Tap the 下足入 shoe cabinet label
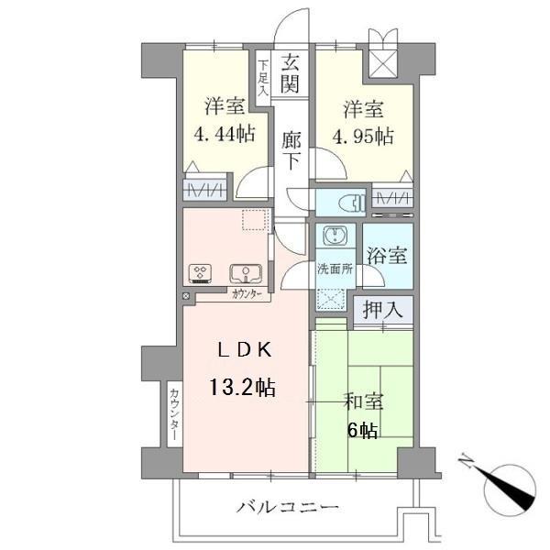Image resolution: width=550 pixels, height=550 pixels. tap(263, 79)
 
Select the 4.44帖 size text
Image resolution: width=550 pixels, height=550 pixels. tap(224, 134)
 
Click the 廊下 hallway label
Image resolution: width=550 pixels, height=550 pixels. tap(291, 148)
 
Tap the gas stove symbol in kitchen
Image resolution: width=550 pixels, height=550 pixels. tap(200, 272)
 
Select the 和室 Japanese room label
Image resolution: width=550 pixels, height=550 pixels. tap(364, 401)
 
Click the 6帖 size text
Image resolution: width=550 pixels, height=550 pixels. tap(364, 431)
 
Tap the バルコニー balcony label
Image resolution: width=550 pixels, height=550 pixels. tap(287, 507)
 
